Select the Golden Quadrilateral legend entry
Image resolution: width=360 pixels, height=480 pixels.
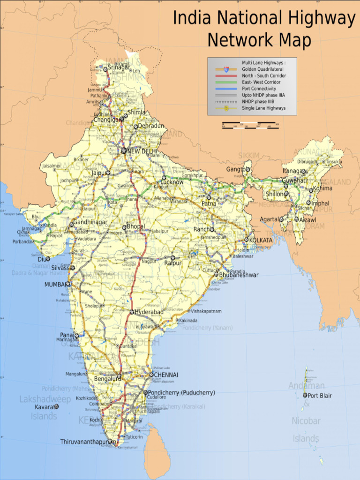[x=262, y=69]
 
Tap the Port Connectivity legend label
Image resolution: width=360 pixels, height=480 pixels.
[x=259, y=89]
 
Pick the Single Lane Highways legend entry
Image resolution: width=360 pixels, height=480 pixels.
[x=263, y=108]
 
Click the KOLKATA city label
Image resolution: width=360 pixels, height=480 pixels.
[x=261, y=240]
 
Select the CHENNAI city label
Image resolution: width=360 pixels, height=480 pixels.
[x=166, y=375]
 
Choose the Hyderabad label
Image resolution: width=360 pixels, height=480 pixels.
[x=149, y=312]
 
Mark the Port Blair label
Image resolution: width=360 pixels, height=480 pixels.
[x=319, y=396]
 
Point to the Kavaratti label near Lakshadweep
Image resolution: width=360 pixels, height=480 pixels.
[x=44, y=407]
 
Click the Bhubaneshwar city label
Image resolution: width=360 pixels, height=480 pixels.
[x=239, y=275]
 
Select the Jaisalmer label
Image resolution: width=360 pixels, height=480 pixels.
[x=52, y=166]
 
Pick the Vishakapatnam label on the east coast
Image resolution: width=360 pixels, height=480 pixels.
[x=207, y=311]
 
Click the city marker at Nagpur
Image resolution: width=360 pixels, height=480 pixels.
[x=140, y=258]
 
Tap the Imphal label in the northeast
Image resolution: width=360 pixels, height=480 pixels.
[x=320, y=203]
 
